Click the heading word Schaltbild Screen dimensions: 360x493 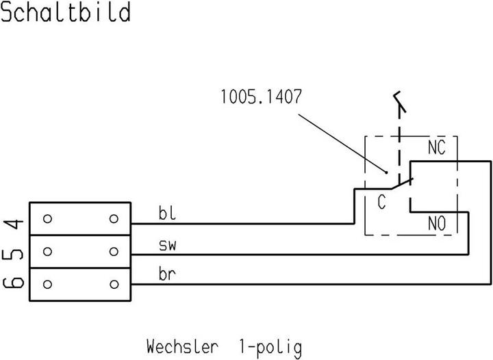pos(66,12)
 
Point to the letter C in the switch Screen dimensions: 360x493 pos(381,203)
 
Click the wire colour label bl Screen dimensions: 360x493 pos(168,214)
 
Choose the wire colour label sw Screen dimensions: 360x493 pos(169,245)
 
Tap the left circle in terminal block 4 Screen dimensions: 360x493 pos(47,219)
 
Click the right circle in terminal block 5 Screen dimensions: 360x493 pos(114,251)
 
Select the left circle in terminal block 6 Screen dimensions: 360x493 pos(47,283)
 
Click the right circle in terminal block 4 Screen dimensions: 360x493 pos(114,219)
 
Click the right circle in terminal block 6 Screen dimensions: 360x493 pos(114,283)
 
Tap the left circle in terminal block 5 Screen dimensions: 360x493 pos(47,251)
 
